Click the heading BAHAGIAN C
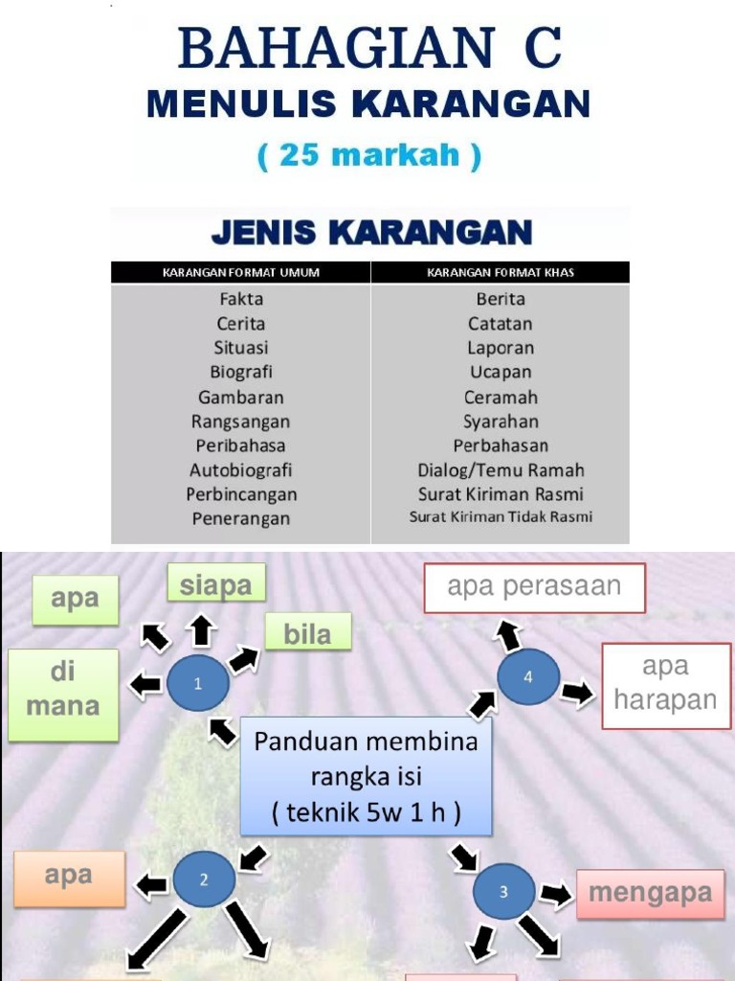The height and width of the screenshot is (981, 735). pyautogui.click(x=369, y=48)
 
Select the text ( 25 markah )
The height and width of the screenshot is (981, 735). pyautogui.click(x=369, y=155)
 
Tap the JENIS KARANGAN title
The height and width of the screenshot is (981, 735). pyautogui.click(x=371, y=232)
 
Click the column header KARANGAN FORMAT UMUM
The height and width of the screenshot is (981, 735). pyautogui.click(x=241, y=273)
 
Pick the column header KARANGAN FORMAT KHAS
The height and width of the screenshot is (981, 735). pyautogui.click(x=501, y=273)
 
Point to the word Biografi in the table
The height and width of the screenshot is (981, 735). pyautogui.click(x=241, y=372)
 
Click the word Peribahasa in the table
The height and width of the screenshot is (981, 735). pyautogui.click(x=241, y=445)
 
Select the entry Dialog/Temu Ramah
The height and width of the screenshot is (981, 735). pyautogui.click(x=501, y=470)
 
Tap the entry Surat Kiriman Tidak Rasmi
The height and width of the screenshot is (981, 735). pyautogui.click(x=501, y=517)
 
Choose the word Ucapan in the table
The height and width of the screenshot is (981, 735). pyautogui.click(x=501, y=372)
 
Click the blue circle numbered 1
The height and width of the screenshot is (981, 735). pyautogui.click(x=198, y=684)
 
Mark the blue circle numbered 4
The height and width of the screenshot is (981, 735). pyautogui.click(x=528, y=676)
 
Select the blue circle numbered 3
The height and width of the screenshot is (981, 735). pyautogui.click(x=504, y=892)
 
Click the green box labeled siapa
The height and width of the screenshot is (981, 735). pyautogui.click(x=215, y=584)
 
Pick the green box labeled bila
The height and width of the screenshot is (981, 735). pyautogui.click(x=307, y=633)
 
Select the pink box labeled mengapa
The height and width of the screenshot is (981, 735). pyautogui.click(x=650, y=894)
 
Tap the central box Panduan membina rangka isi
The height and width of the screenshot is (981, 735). pyautogui.click(x=366, y=777)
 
